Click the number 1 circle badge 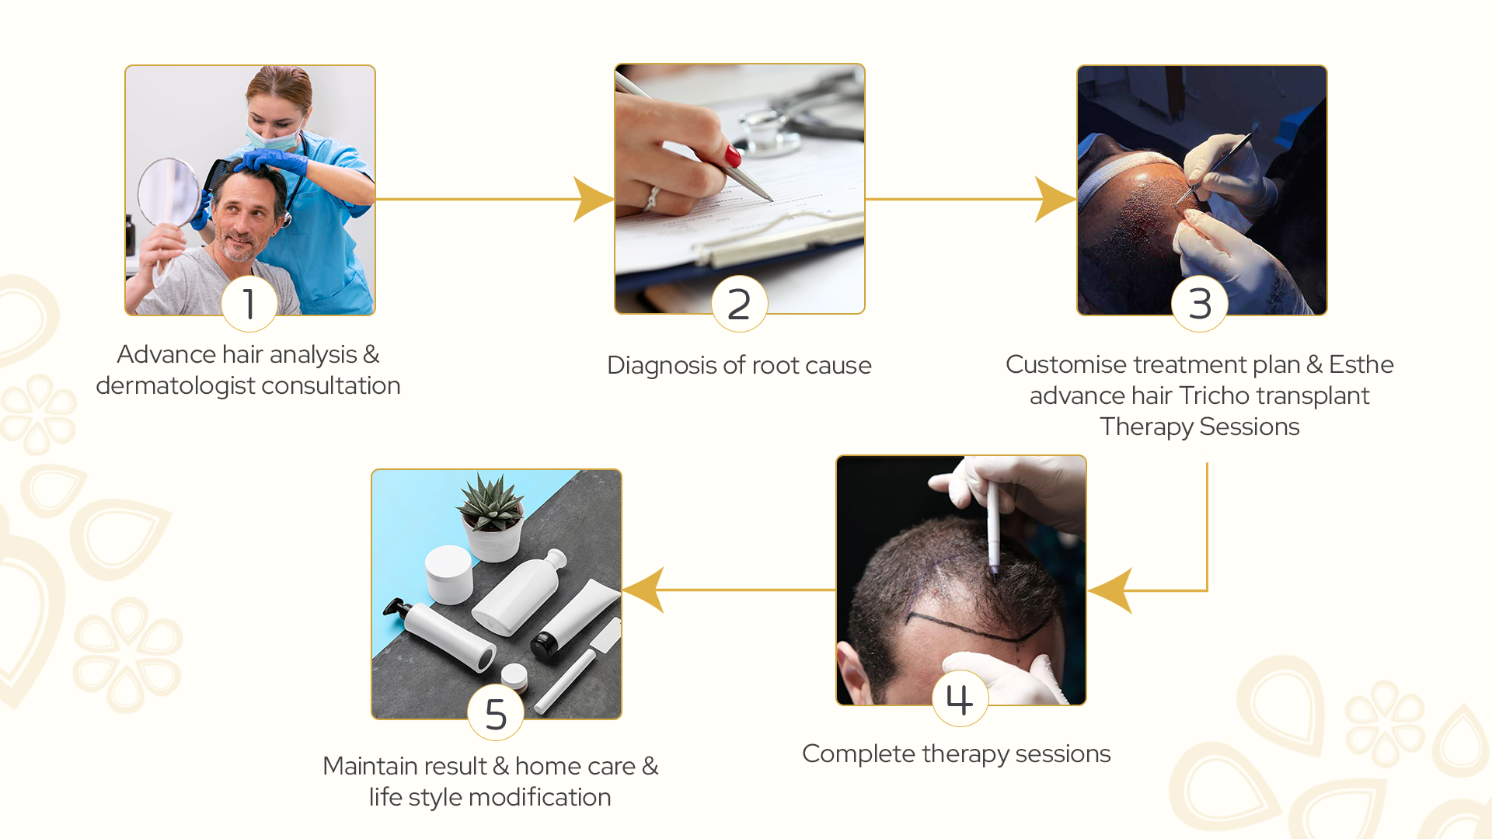[249, 304]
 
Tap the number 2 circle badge [739, 304]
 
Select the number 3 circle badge [1200, 304]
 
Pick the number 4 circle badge [960, 698]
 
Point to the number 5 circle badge [496, 713]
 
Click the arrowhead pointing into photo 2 [594, 199]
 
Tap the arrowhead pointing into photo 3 [1055, 199]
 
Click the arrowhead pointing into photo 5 [643, 590]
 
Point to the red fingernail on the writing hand [733, 156]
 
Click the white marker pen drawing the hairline [993, 528]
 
